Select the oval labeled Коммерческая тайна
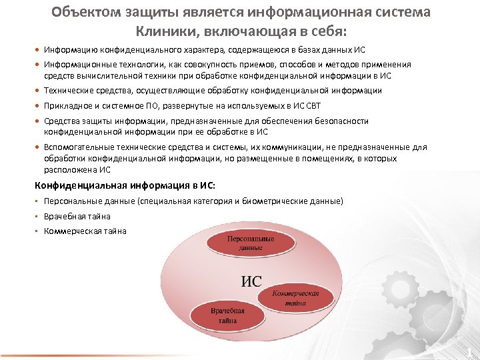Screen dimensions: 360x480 295,298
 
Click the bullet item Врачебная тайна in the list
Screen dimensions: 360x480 77,216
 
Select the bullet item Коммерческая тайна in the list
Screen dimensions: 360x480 85,231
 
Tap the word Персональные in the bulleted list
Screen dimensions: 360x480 71,201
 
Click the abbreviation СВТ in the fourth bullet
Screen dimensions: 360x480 314,106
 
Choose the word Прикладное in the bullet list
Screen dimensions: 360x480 65,106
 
